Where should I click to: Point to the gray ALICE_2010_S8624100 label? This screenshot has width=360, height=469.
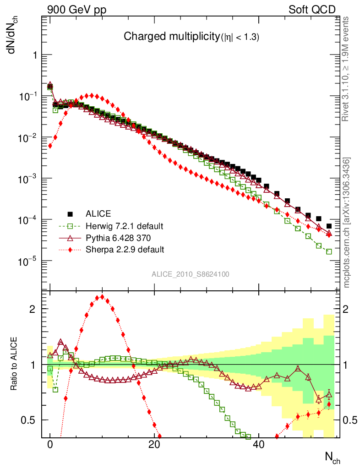(191, 274)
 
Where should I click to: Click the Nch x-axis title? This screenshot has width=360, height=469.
(333, 458)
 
